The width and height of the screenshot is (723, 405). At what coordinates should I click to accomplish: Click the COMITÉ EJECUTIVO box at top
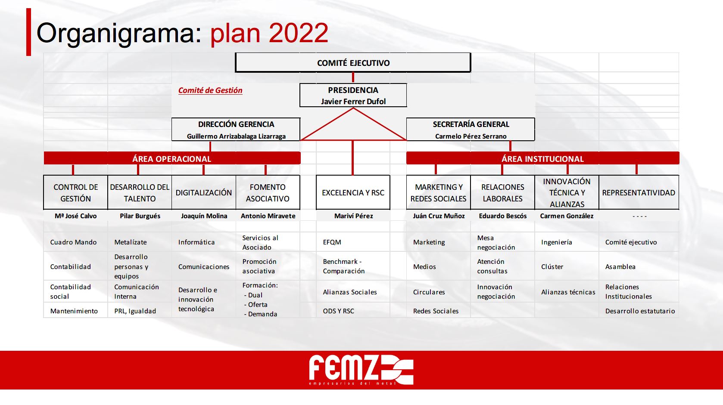coord(353,62)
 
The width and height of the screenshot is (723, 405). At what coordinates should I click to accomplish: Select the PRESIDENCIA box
coord(353,95)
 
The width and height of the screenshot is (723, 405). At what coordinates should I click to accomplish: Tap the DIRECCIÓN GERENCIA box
coord(236,129)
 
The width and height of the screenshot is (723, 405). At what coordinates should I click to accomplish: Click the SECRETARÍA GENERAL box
coord(471,129)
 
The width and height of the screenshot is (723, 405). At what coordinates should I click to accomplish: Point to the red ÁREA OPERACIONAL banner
coord(172,158)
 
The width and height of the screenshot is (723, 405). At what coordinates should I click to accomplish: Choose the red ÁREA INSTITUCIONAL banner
coord(542,158)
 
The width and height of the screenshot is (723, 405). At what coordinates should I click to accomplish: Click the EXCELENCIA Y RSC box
coord(353,192)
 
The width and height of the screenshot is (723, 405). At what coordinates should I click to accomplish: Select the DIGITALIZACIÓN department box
coord(204,192)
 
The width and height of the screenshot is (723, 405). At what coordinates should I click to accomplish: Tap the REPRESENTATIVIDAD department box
coord(639,192)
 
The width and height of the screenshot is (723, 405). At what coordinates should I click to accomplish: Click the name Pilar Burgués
coord(140,216)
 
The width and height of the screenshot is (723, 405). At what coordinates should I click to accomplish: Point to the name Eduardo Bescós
coord(502,216)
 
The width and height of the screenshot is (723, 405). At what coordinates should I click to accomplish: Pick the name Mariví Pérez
coord(353,216)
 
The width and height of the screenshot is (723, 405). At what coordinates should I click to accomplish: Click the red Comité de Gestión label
coord(210,90)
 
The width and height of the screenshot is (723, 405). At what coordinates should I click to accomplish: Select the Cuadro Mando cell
coord(73,242)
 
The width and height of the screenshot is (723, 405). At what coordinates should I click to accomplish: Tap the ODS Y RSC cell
coord(338,311)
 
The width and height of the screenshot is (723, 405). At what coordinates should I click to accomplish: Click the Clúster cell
coord(552,267)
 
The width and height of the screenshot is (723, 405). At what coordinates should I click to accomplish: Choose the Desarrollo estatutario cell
coord(640,311)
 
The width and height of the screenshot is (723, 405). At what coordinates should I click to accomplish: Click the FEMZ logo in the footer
coord(361,370)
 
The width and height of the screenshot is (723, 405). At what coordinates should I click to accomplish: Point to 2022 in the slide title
coord(298,33)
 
